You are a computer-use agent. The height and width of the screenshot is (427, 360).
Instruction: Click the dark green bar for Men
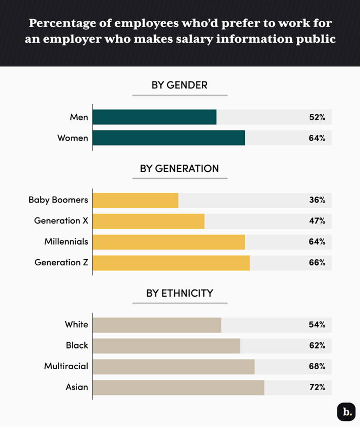[154, 117]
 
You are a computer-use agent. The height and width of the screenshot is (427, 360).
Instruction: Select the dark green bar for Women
[168, 138]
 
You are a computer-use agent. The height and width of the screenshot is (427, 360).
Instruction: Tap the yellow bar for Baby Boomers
[135, 200]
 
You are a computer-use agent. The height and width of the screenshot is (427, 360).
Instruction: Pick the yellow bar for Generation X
[148, 221]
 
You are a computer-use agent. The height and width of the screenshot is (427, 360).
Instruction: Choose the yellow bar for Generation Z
[171, 262]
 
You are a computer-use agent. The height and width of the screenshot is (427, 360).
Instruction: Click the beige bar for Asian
[178, 387]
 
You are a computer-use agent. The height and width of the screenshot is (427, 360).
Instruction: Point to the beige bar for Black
[166, 345]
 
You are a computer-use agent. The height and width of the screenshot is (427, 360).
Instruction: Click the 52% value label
[317, 117]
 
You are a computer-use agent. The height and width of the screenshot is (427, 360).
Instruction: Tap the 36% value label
[317, 200]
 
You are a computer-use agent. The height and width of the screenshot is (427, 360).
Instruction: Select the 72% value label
[317, 387]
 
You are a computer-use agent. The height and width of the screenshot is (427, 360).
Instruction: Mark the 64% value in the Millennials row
[317, 242]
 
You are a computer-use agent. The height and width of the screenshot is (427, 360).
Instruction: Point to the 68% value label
[317, 366]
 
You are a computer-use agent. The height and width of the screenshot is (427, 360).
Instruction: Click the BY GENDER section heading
[179, 85]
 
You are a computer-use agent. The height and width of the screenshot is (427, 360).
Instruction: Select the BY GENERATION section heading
[179, 168]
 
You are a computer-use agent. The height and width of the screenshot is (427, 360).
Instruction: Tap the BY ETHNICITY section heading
[179, 293]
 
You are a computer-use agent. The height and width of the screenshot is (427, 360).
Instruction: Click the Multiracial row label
[66, 366]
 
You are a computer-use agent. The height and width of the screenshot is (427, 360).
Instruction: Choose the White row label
[76, 325]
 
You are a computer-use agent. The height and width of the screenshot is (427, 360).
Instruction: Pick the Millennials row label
[66, 242]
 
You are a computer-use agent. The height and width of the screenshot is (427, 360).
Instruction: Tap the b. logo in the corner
[346, 412]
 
